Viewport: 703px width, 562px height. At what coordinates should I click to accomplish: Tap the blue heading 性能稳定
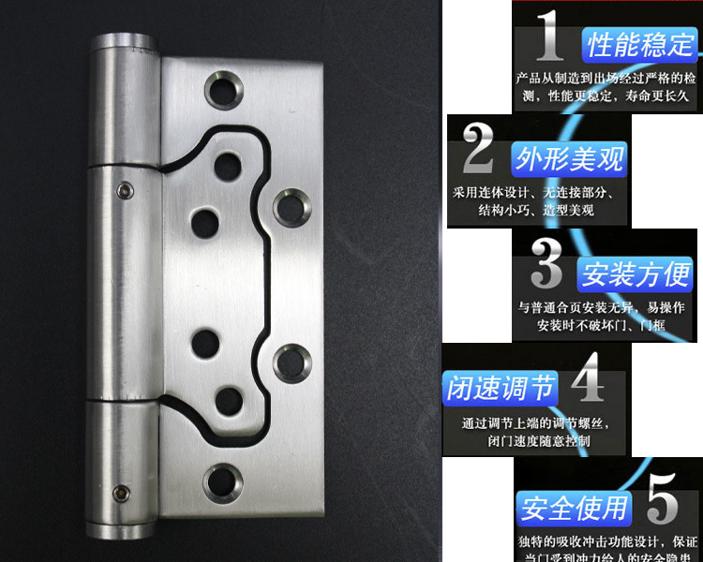tap(641, 43)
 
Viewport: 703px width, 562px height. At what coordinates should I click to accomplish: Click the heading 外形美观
tap(569, 158)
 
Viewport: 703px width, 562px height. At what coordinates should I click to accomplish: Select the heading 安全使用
tap(574, 509)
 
